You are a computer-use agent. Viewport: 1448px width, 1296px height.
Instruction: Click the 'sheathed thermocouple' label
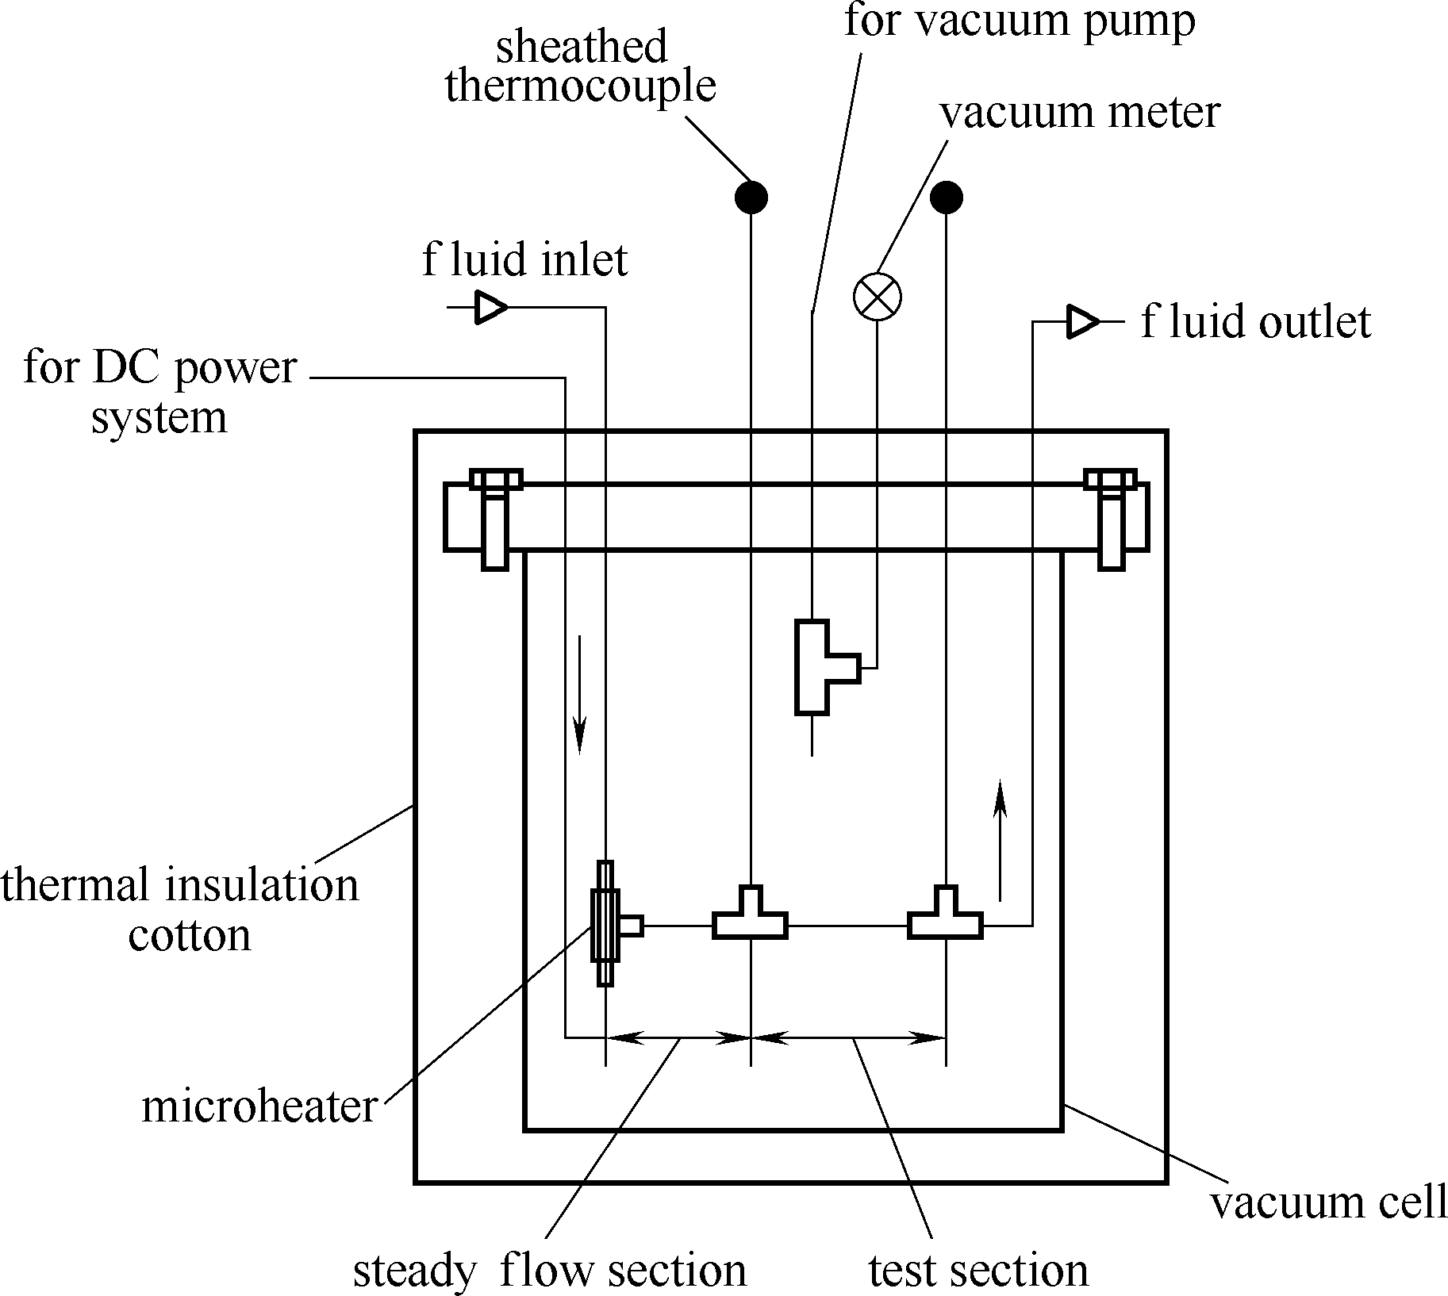tap(581, 67)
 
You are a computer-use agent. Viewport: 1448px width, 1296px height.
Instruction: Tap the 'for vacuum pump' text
tap(1019, 21)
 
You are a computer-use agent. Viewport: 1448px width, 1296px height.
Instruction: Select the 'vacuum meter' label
tap(1079, 113)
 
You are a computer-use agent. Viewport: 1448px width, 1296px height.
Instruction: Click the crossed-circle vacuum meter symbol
tap(877, 297)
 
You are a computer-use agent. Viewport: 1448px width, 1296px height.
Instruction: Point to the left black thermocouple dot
tap(751, 197)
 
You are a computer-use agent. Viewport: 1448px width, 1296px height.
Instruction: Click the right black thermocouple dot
tap(947, 197)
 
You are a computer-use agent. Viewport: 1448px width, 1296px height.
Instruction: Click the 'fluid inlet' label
tap(524, 260)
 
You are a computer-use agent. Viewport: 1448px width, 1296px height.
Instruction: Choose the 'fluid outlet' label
tap(1255, 322)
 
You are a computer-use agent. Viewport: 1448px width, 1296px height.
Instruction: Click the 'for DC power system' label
tap(159, 392)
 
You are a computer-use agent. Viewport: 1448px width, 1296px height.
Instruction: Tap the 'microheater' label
tap(259, 1106)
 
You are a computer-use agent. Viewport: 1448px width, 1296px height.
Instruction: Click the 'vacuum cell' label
tap(1327, 1202)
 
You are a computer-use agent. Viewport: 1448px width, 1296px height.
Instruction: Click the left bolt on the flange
tap(495, 519)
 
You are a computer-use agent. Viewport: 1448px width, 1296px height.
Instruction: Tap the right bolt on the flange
tap(1111, 519)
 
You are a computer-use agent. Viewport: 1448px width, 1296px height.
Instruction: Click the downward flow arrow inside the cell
tap(580, 693)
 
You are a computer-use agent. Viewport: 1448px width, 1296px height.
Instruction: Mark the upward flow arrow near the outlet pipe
tap(1000, 841)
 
